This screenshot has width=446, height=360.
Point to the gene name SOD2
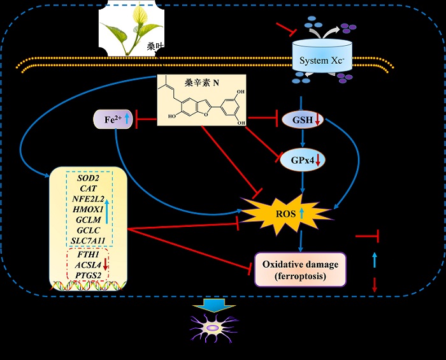pyautogui.click(x=88, y=178)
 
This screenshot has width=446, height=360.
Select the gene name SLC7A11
pyautogui.click(x=89, y=240)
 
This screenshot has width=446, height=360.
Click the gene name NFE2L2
pyautogui.click(x=88, y=198)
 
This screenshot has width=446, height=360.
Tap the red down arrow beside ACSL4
pyautogui.click(x=106, y=264)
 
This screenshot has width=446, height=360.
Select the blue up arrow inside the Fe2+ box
pyautogui.click(x=126, y=119)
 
